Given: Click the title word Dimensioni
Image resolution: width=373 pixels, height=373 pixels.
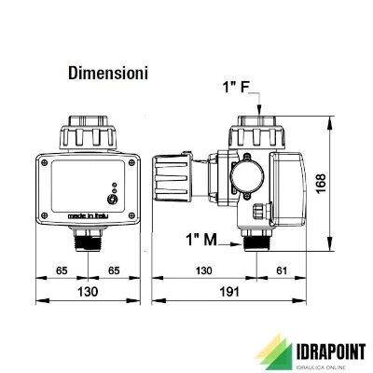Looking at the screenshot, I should [x=108, y=72].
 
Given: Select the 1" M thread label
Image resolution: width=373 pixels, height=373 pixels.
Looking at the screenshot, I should [x=201, y=239].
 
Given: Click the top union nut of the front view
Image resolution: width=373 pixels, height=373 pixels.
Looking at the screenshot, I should [x=87, y=131].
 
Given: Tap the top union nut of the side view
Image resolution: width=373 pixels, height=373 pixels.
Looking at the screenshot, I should [x=256, y=130].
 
